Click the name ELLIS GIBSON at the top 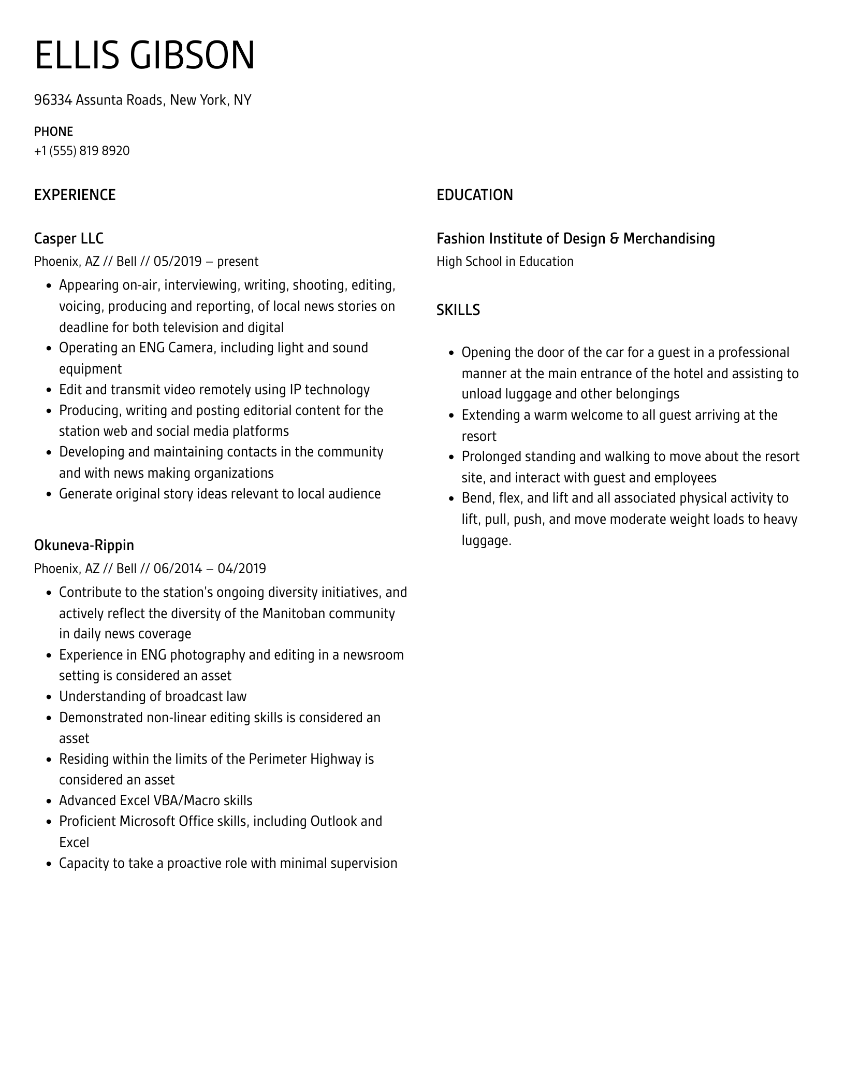point(145,55)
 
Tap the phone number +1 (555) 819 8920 point(82,151)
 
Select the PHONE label point(53,132)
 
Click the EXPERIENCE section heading point(75,195)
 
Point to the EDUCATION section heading point(474,195)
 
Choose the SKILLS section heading point(458,310)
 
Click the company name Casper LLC point(69,238)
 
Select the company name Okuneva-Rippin point(84,545)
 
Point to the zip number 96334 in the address point(53,99)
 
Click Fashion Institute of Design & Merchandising point(575,238)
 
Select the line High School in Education point(505,261)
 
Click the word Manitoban point(294,613)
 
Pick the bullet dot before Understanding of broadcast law point(49,697)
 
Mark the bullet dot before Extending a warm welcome point(451,416)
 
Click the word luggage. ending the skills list point(486,541)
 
